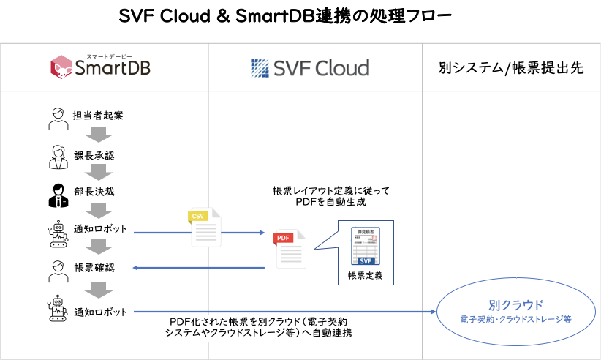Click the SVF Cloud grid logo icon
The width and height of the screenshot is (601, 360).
261,68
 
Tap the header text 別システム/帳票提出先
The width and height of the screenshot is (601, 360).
511,68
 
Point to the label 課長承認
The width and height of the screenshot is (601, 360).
94,156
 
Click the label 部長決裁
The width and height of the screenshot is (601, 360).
94,192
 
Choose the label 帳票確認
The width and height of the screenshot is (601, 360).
94,267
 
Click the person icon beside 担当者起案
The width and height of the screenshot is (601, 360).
57,116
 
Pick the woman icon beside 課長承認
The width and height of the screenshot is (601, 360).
57,155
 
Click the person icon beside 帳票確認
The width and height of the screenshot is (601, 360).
57,268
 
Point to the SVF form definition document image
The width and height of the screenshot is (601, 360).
365,247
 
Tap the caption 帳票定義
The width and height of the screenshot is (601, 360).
365,276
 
